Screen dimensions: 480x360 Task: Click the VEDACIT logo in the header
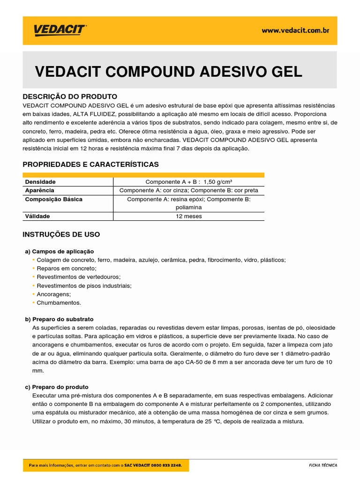60,30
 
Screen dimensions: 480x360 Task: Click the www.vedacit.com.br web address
295,30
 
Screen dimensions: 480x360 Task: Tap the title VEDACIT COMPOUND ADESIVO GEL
169,72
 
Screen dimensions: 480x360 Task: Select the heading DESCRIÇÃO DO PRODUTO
70,97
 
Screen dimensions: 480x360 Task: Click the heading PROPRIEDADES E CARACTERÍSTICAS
90,165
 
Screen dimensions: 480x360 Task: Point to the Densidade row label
40,182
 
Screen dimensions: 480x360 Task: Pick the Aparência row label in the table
39,190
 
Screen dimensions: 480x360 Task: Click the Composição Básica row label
53,199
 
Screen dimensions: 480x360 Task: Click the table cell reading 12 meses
188,217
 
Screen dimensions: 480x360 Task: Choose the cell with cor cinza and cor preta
188,190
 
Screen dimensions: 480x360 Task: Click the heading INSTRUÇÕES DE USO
61,234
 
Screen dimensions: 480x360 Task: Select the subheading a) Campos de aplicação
60,252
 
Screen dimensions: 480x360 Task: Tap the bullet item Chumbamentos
59,303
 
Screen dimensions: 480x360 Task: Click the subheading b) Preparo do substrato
59,319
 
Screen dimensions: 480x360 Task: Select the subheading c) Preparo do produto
57,387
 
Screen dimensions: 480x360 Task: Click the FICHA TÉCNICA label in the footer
322,465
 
